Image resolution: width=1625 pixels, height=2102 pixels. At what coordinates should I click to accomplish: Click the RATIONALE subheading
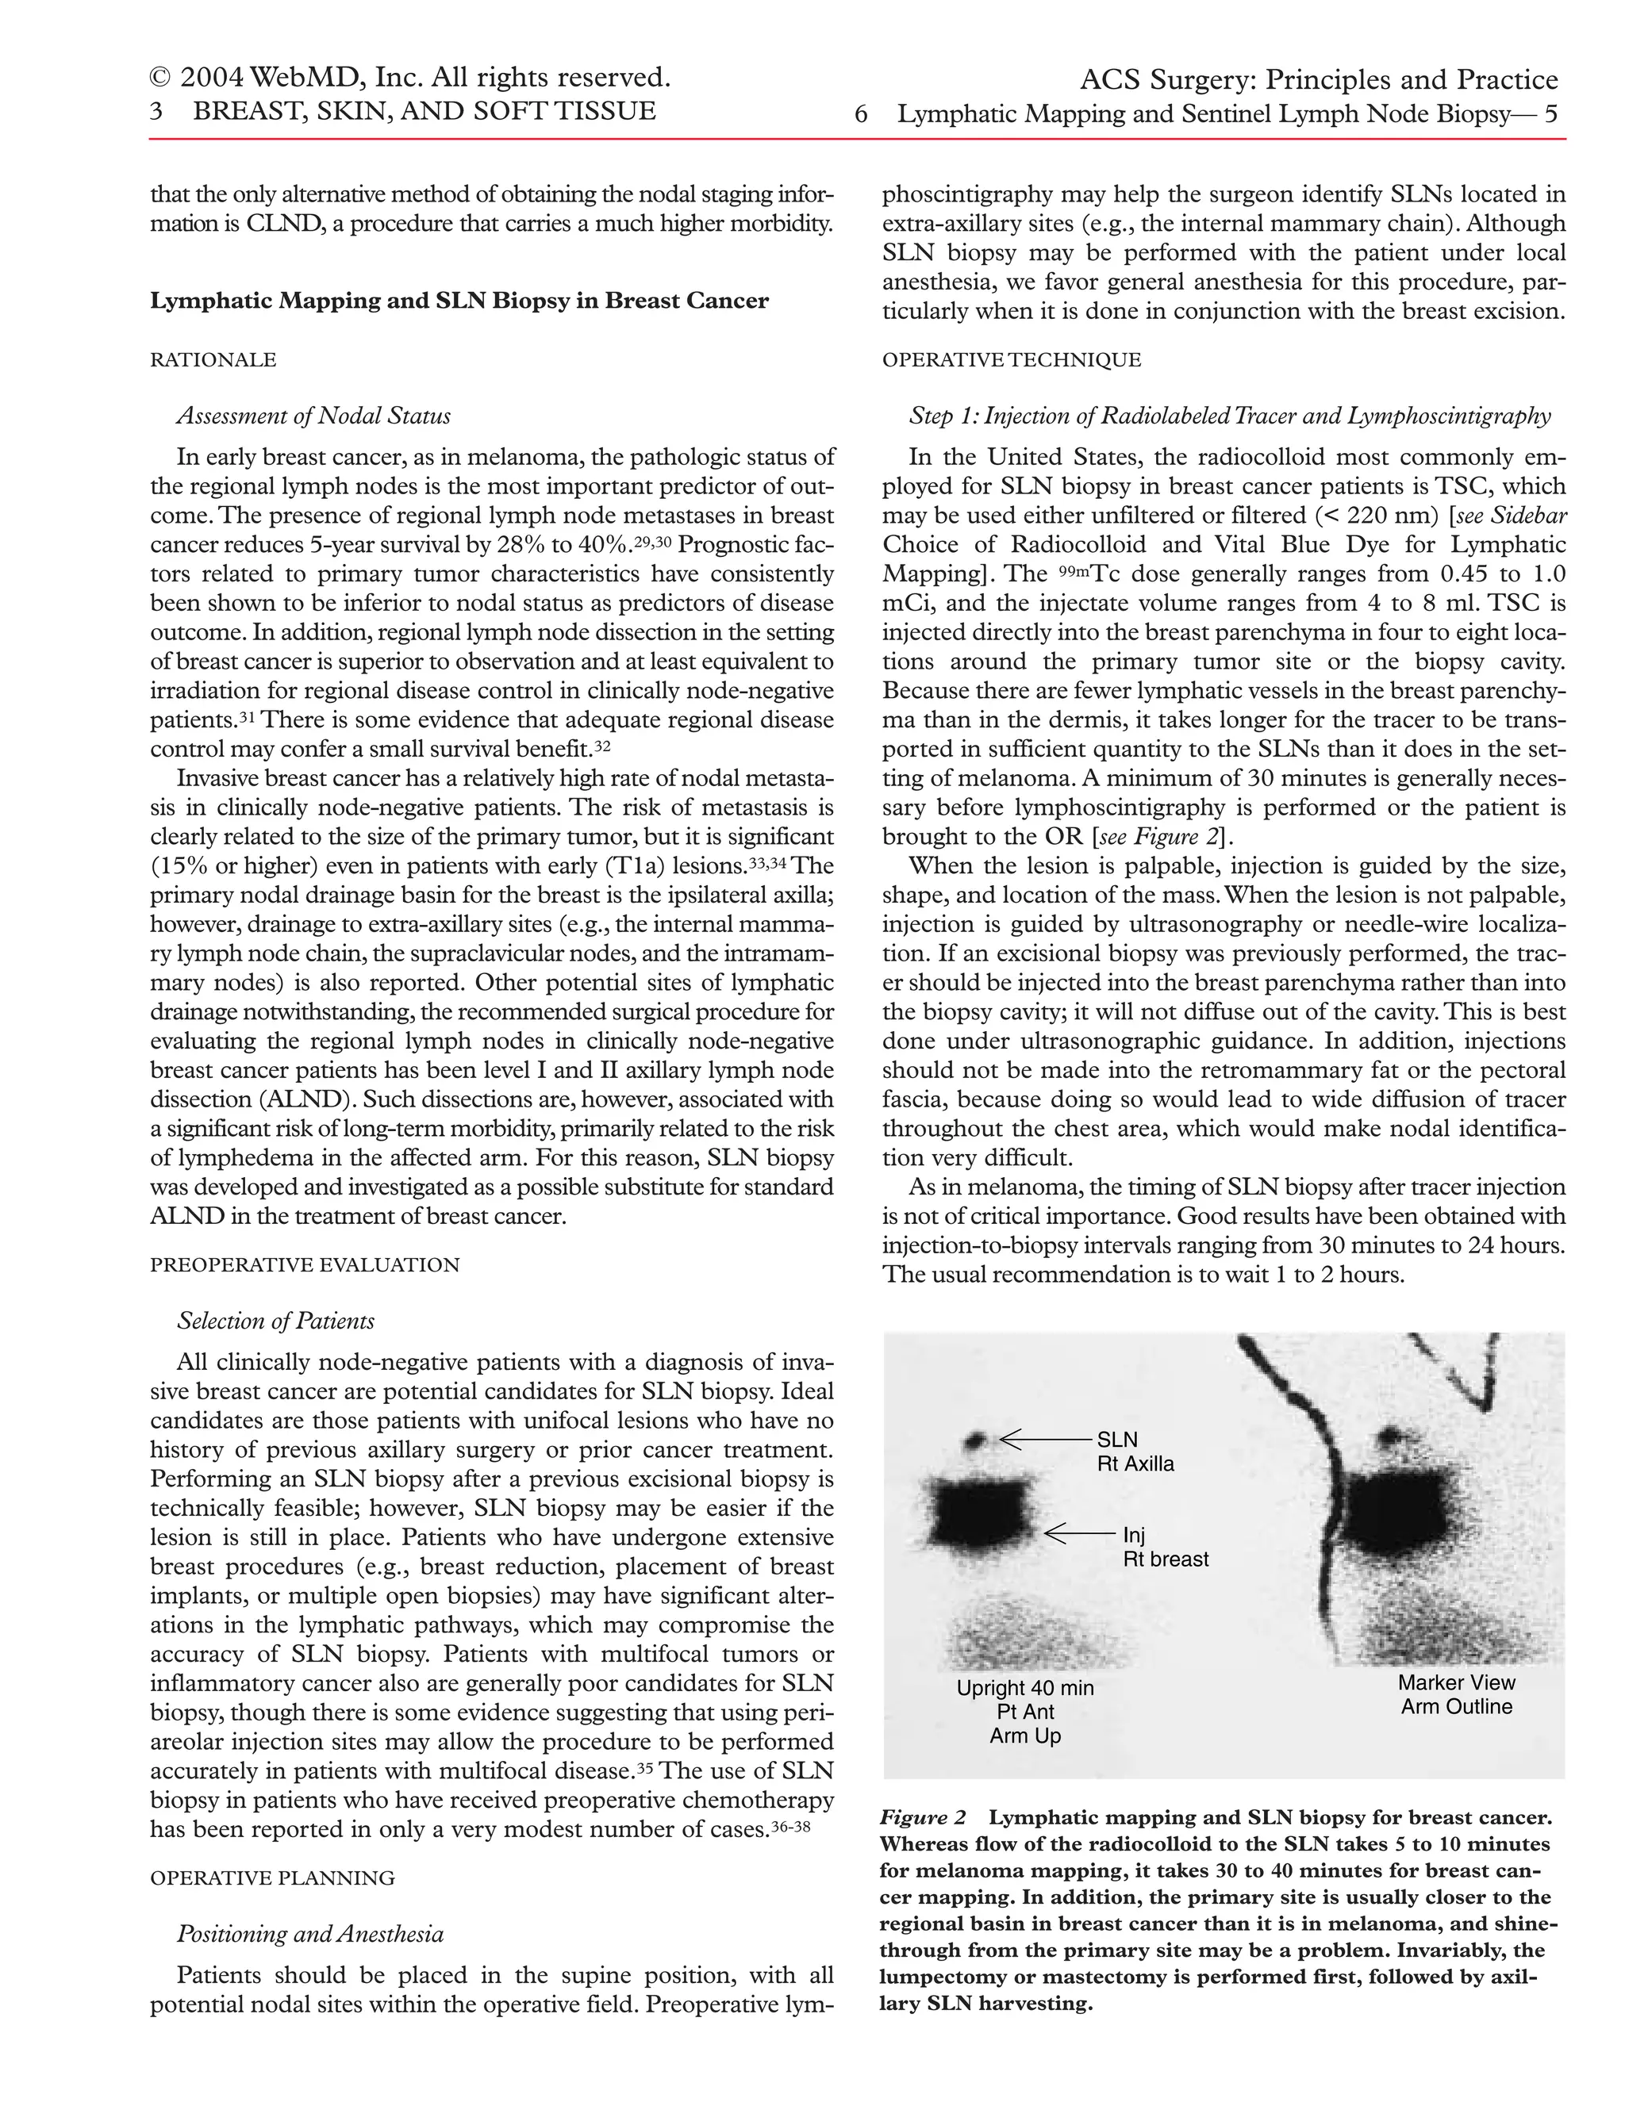(213, 360)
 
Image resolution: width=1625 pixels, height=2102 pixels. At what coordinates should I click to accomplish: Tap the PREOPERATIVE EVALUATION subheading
(304, 1264)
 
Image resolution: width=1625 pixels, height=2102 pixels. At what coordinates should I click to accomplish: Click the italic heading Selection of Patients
(275, 1321)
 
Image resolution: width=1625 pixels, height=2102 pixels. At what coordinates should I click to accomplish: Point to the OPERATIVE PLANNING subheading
(272, 1878)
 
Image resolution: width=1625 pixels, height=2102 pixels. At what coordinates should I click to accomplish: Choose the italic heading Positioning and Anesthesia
(310, 1934)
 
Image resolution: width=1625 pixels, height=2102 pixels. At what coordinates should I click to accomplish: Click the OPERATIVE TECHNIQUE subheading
(1011, 360)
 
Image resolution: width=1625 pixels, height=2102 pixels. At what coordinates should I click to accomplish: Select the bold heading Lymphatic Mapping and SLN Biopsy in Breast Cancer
(459, 301)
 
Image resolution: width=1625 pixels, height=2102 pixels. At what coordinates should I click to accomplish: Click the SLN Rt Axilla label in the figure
(1135, 1452)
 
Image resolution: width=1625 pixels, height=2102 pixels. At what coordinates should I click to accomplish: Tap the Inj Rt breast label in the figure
(1165, 1547)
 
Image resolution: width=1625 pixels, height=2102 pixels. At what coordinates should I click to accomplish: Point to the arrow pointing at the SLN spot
(1044, 1440)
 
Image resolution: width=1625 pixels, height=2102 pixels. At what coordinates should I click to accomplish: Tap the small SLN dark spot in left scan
(977, 1440)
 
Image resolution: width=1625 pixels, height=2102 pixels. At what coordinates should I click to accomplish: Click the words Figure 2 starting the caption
(922, 1818)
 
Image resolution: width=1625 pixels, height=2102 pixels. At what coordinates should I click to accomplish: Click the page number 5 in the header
(1550, 114)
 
